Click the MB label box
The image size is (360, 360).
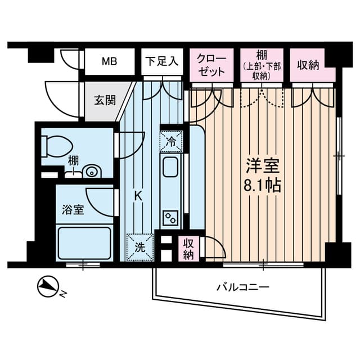pos(109,61)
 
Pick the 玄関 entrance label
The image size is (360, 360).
pos(105,101)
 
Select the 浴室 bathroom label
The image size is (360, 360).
pos(73,210)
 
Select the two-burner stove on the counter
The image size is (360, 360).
pos(170,217)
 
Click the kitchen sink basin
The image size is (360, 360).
pos(170,168)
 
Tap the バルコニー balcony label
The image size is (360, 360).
pos(243,287)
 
